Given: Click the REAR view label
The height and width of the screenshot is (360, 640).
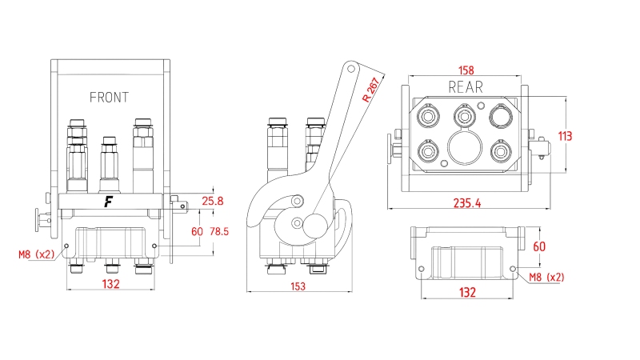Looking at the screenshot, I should point(466,86).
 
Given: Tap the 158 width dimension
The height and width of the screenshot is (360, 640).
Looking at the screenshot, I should point(466,69).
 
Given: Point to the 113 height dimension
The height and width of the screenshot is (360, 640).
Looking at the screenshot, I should point(565,136).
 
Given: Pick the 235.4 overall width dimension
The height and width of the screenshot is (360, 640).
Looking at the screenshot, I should point(465,203).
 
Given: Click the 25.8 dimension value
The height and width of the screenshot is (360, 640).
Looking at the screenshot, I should point(213,201).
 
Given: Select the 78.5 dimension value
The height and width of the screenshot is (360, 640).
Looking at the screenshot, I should point(219,231).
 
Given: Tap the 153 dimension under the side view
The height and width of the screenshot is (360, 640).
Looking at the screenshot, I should point(298,286).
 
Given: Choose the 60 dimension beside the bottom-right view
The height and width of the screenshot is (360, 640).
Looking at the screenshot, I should point(538,246).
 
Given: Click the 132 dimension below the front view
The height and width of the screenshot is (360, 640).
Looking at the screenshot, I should point(111,284).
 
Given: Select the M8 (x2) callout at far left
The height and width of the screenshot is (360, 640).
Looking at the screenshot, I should point(37,255).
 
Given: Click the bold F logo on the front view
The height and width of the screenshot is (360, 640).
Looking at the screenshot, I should point(107,202).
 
